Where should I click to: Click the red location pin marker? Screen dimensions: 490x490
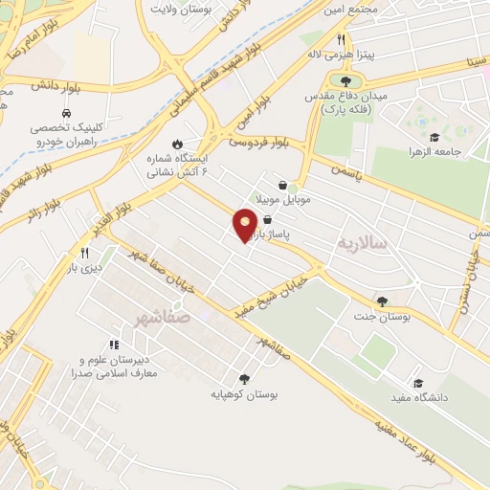(x=245, y=224)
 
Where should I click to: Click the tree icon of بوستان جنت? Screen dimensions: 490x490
(x=383, y=301)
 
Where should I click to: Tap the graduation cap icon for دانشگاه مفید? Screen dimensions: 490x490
(x=417, y=381)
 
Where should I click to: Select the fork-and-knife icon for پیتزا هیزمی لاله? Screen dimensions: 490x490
(x=341, y=39)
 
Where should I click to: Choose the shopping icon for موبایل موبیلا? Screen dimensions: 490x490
(x=282, y=186)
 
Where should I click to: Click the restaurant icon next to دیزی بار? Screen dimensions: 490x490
(x=84, y=253)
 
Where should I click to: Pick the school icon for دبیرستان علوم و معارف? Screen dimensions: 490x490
(x=114, y=345)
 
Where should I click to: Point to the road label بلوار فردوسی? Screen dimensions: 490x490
(x=258, y=143)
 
